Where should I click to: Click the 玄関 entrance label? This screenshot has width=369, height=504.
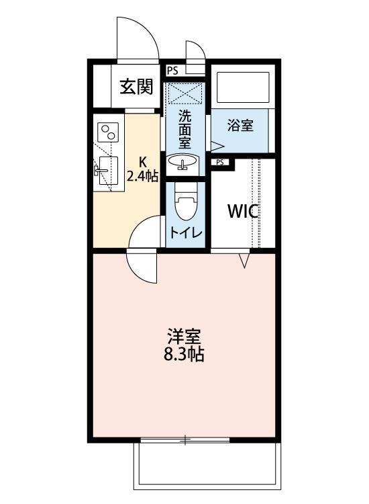(137, 87)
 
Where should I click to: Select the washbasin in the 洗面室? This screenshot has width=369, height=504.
(182, 163)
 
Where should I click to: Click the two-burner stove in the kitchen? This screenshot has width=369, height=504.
(108, 131)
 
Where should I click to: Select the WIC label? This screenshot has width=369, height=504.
(243, 211)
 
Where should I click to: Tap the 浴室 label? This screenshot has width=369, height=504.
(240, 126)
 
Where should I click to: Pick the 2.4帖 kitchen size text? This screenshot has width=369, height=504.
(143, 177)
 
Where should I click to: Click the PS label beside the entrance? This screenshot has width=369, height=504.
(172, 70)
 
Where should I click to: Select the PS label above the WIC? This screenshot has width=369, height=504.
(220, 163)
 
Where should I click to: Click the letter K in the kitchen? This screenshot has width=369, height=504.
(143, 162)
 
